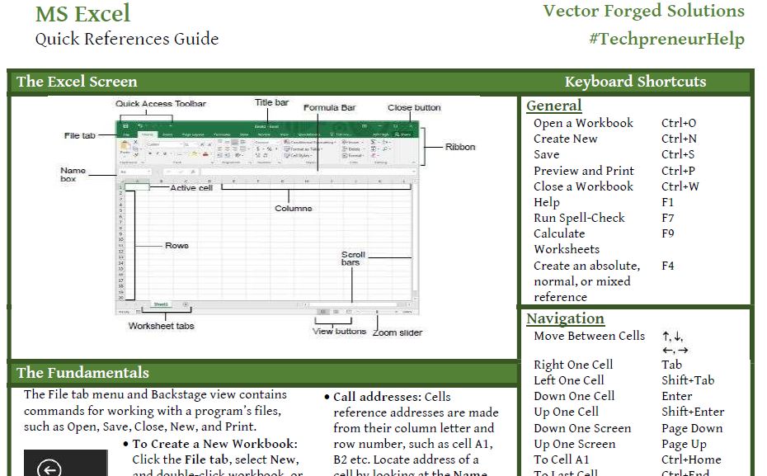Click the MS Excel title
(x=82, y=14)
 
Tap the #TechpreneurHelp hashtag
(x=666, y=39)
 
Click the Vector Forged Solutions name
(x=643, y=11)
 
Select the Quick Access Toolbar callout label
(x=161, y=104)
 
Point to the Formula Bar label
(x=330, y=108)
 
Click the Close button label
(x=414, y=107)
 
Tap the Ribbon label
(x=460, y=147)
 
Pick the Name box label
(x=73, y=174)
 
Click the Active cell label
(x=191, y=188)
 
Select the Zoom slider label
(x=397, y=332)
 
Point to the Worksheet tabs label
(x=161, y=326)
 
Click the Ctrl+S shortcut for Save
(x=678, y=154)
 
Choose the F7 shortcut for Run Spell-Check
(x=668, y=218)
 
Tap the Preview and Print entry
(x=584, y=171)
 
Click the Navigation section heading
(x=565, y=318)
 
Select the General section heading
(x=553, y=106)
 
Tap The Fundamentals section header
(x=82, y=373)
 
